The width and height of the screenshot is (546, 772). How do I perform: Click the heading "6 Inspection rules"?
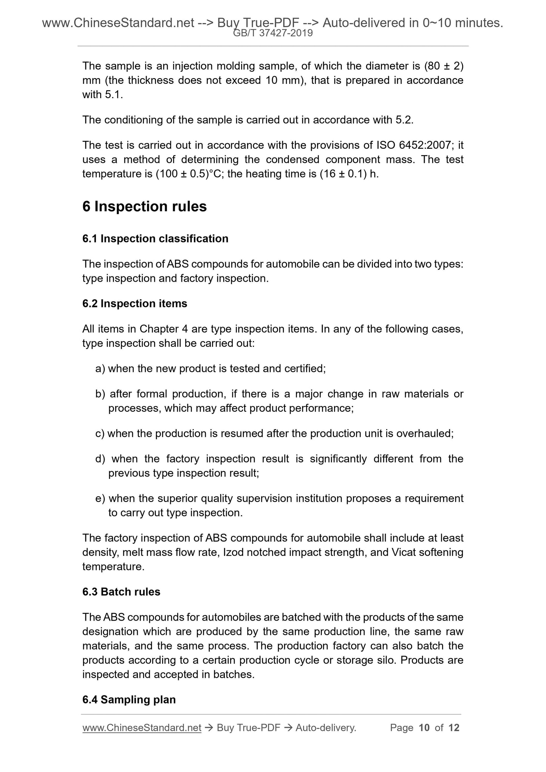(144, 207)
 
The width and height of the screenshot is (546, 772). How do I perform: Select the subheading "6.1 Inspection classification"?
(155, 239)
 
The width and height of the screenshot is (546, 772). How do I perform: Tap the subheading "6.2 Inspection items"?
(135, 304)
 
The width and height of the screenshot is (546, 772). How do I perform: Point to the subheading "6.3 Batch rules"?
(121, 592)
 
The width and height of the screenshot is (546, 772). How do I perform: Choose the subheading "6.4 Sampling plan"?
(129, 700)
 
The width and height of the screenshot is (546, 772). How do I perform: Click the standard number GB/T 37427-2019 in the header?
(273, 34)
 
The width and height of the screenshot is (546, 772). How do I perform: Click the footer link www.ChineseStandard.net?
(141, 728)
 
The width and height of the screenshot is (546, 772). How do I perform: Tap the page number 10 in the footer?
(424, 728)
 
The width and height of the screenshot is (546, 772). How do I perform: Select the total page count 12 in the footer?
(454, 728)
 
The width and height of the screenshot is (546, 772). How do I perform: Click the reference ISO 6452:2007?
(412, 145)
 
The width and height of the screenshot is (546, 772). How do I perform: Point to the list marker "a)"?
(100, 369)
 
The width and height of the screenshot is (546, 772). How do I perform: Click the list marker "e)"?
(100, 499)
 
